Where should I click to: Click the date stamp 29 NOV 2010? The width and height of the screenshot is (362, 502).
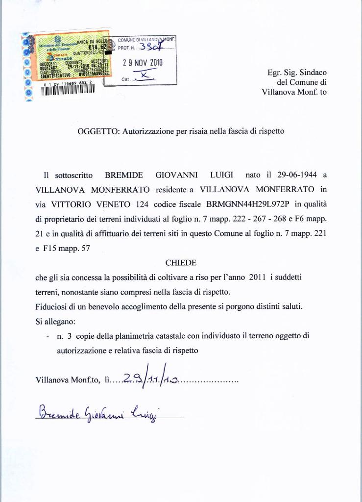point(143,63)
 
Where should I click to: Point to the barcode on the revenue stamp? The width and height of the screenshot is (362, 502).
point(68,91)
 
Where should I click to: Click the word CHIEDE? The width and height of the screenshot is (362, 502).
point(181,263)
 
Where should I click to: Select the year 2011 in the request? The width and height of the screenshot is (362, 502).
point(257,277)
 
